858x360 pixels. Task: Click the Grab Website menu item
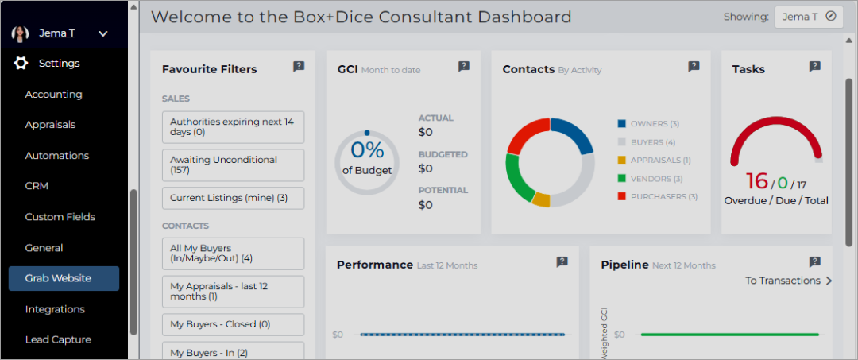[64, 278]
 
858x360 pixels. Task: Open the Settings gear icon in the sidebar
[21, 64]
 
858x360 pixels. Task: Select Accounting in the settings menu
[54, 94]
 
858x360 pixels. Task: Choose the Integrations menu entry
[55, 309]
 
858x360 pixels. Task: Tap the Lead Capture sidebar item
[58, 340]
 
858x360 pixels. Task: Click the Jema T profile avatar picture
[20, 33]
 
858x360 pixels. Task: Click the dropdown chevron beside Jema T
[103, 34]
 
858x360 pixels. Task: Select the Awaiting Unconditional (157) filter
[233, 165]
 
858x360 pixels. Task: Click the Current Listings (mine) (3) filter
[233, 198]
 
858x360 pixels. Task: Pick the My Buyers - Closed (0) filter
[233, 324]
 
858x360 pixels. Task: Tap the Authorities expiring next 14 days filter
[233, 127]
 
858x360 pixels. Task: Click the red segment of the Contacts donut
[527, 134]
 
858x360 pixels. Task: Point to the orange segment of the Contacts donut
[541, 199]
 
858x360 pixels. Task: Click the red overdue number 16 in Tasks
[757, 180]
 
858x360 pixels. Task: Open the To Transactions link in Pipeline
[789, 281]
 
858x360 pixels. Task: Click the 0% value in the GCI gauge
[367, 150]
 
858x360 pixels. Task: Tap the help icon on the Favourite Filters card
[299, 67]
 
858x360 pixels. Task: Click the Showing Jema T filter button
[809, 17]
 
